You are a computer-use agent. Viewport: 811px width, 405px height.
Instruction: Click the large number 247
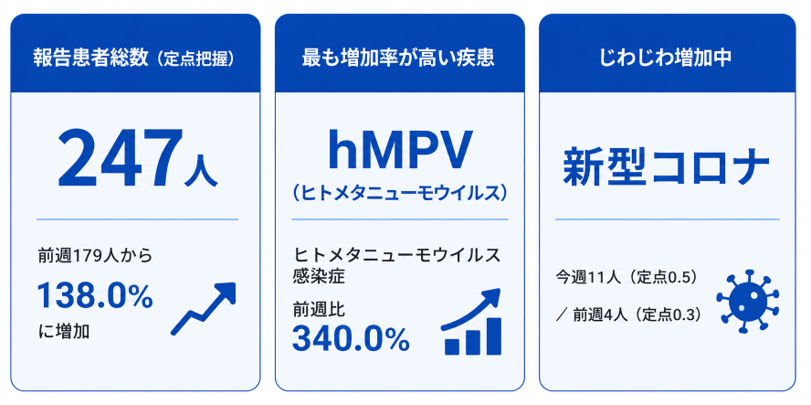[x=120, y=158]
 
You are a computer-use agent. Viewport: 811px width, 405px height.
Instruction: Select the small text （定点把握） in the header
[x=195, y=59]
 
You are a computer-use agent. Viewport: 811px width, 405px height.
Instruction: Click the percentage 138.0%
[x=95, y=297]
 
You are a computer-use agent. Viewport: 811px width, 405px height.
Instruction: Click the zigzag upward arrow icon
[x=204, y=308]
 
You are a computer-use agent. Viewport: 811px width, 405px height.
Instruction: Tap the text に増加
[x=64, y=331]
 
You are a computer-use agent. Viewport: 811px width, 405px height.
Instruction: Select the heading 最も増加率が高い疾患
[x=398, y=59]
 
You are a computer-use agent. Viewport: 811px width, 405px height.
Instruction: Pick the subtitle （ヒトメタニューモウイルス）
[x=399, y=193]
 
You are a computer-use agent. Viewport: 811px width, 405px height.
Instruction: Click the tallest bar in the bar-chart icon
[x=494, y=336]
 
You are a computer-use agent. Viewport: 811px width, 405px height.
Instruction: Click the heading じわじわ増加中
[x=666, y=59]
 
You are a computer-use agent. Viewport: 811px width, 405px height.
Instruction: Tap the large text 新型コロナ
[x=666, y=166]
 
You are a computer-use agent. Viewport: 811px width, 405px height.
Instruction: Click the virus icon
[x=748, y=301]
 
